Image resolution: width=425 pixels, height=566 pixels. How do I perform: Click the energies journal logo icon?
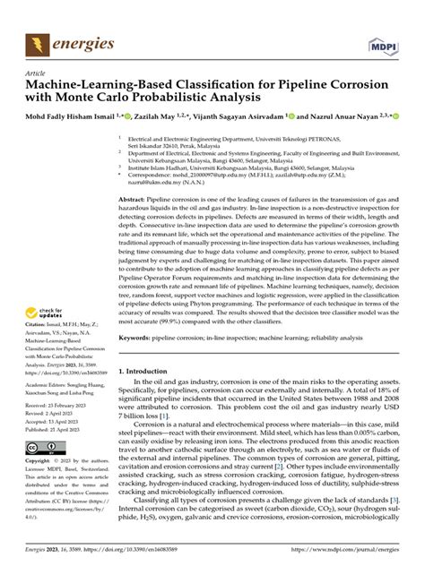click(x=39, y=42)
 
